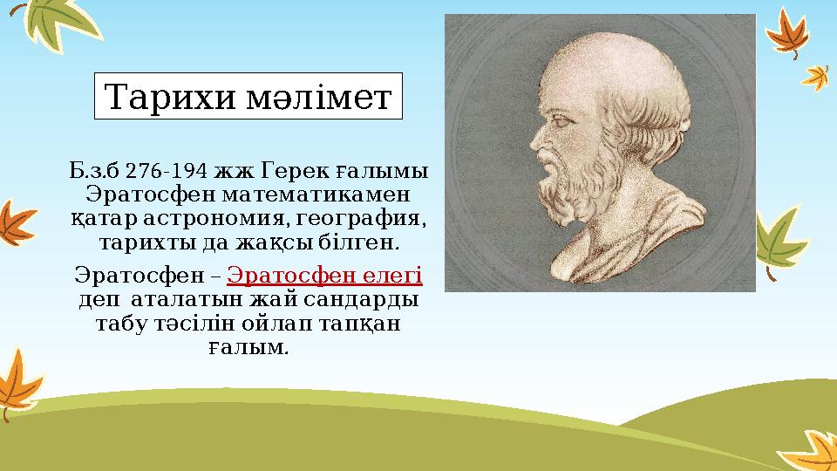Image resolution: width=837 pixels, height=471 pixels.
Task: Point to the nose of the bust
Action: (535, 140)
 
